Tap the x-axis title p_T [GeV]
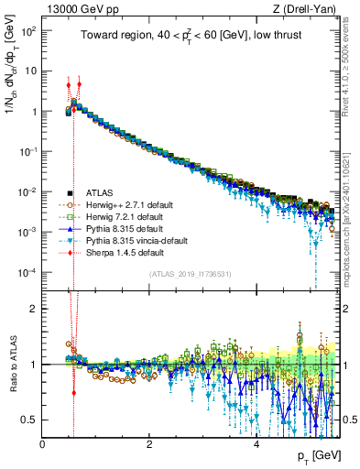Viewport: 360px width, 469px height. point(320,455)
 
